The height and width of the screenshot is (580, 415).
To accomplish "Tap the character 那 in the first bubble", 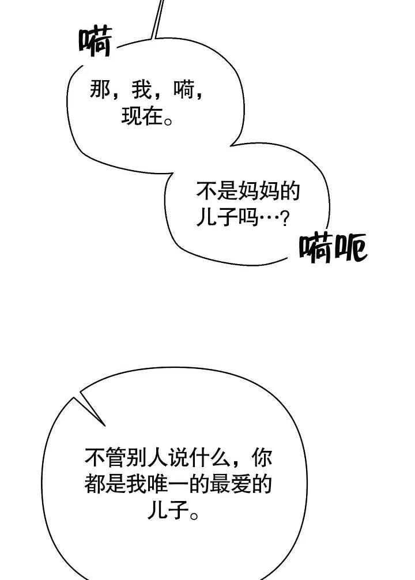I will pyautogui.click(x=100, y=91).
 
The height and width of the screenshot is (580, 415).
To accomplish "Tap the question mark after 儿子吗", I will pyautogui.click(x=283, y=220).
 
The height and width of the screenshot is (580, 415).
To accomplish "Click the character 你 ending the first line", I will pyautogui.click(x=262, y=460).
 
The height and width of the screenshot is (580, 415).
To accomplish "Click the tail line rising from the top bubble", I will pyautogui.click(x=157, y=17).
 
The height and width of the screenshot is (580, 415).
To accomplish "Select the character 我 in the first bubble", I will pyautogui.click(x=141, y=91).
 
